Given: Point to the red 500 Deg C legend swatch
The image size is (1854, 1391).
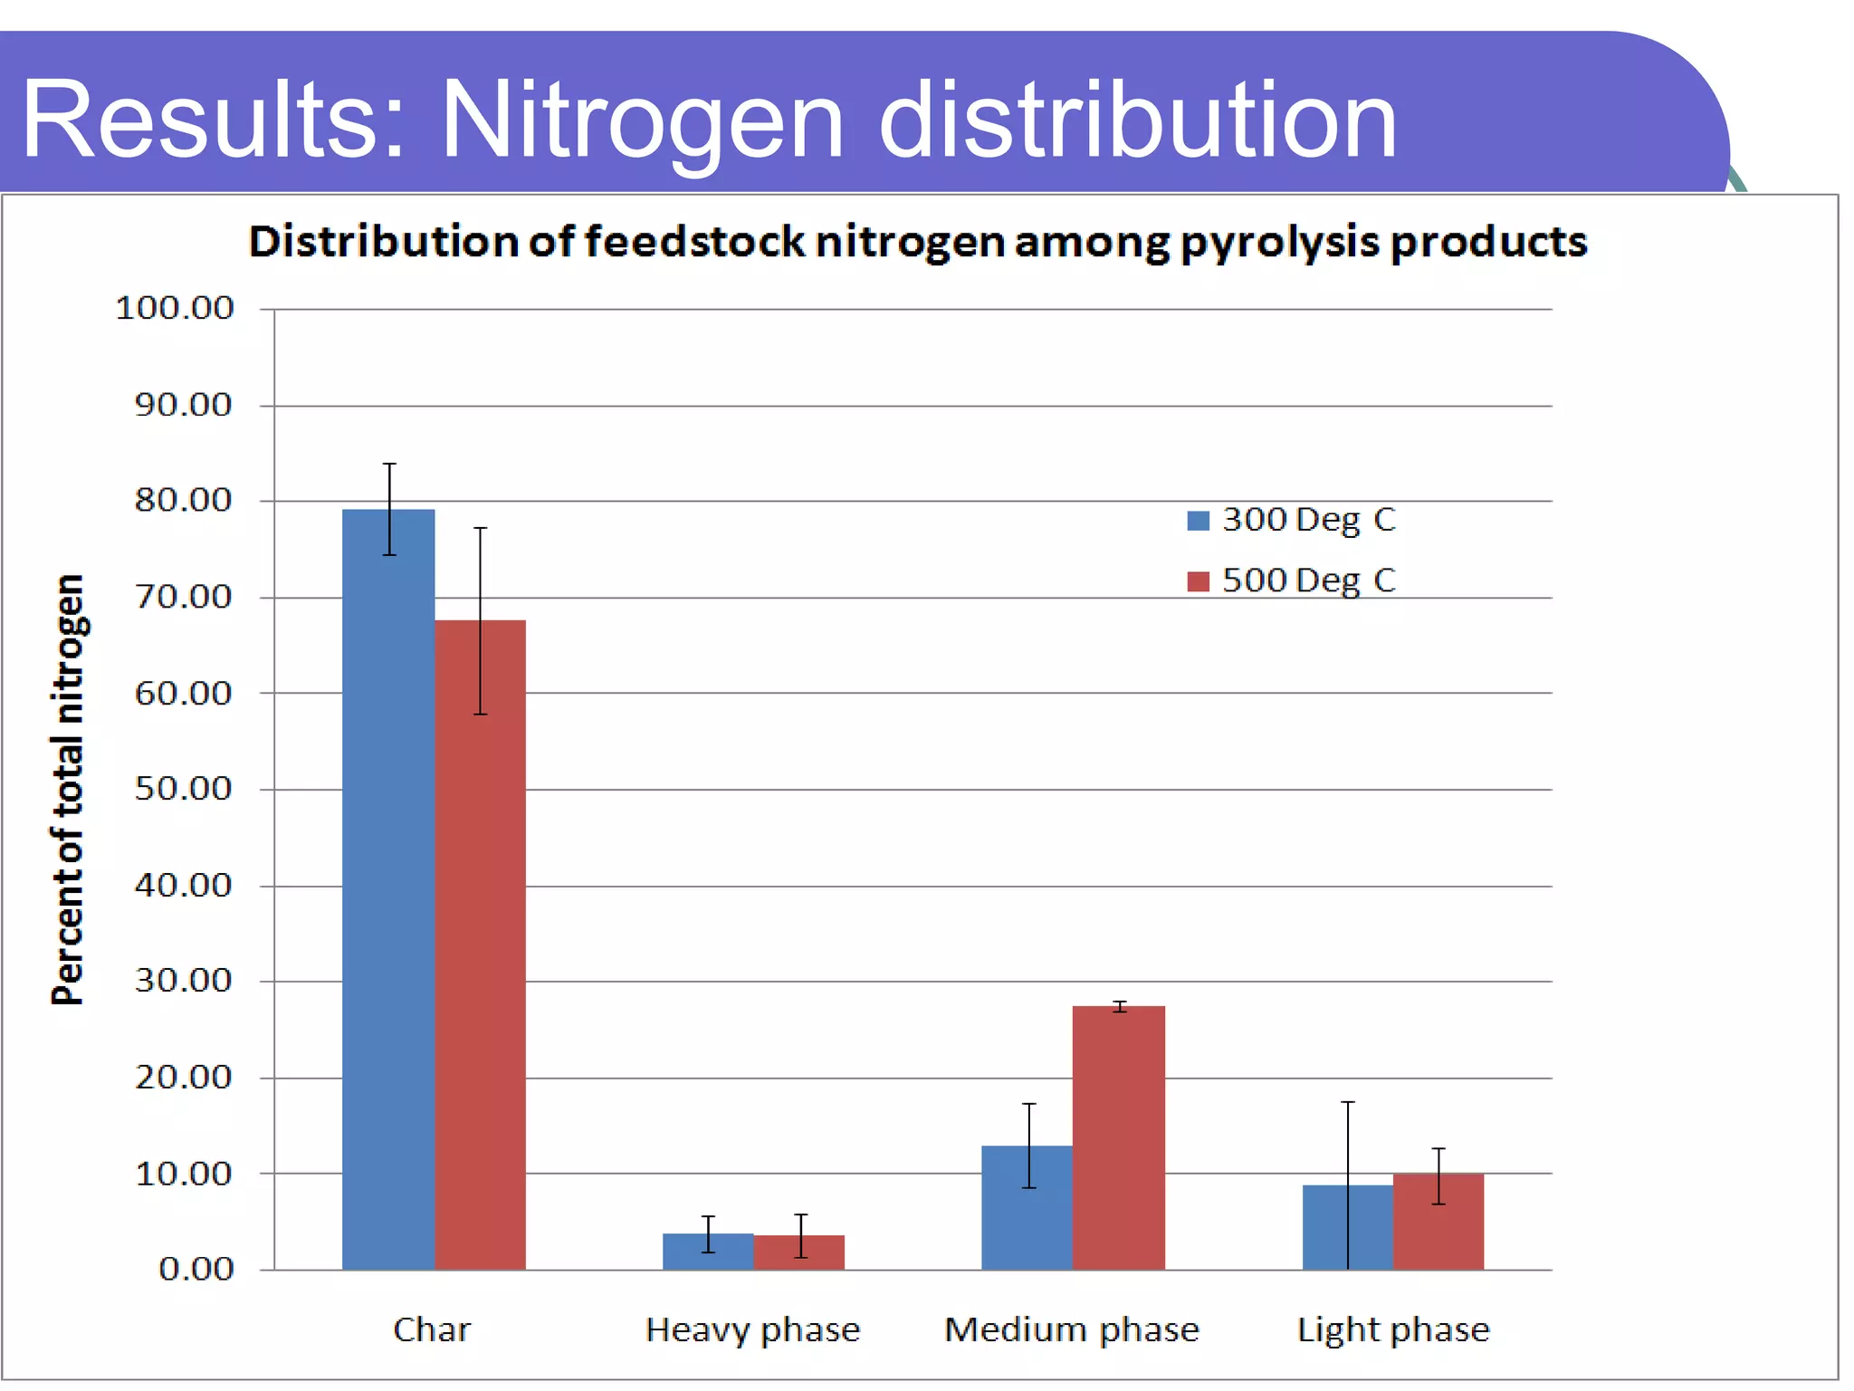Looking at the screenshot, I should click(1198, 581).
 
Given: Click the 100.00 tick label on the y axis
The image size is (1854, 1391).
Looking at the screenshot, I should click(175, 309).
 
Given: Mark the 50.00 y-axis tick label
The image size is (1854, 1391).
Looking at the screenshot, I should click(184, 789).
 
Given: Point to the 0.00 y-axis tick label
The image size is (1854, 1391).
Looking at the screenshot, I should click(196, 1270).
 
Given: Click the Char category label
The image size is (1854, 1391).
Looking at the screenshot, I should click(432, 1329).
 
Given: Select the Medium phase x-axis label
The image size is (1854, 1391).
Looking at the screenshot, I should click(1071, 1329).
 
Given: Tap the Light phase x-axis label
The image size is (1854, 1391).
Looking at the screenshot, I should click(1392, 1329).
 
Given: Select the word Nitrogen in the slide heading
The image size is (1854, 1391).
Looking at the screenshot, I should click(641, 120).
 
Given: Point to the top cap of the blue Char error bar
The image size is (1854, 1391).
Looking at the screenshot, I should click(389, 464).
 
